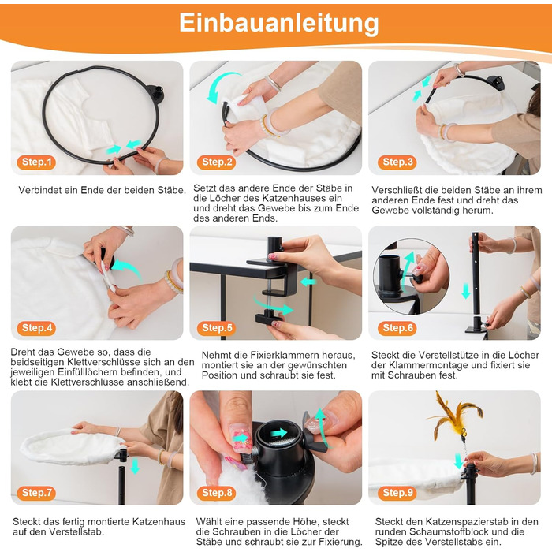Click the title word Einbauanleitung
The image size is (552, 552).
click(279, 23)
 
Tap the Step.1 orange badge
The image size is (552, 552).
click(36, 162)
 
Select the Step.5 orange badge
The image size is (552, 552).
click(217, 328)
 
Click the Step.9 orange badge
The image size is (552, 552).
click(397, 493)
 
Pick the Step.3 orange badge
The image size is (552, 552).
click(397, 162)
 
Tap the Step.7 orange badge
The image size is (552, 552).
click(36, 493)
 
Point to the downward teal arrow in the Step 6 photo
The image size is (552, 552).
click(466, 291)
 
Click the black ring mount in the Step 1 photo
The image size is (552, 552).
click(155, 94)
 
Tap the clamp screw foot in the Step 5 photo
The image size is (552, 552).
click(268, 318)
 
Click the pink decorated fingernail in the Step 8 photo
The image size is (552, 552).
click(239, 438)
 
